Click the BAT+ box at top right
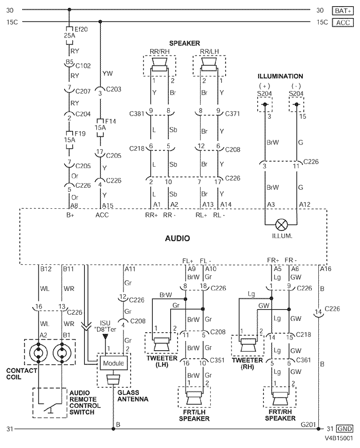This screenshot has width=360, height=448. point(343,11)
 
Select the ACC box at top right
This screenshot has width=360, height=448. point(343,23)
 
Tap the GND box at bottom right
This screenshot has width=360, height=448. point(345,428)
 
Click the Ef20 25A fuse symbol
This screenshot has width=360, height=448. point(69,35)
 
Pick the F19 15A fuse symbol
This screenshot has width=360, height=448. point(69,140)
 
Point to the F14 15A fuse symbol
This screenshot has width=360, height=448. point(100,128)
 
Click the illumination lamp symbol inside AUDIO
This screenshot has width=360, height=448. point(281,225)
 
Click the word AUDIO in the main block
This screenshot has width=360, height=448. point(177,238)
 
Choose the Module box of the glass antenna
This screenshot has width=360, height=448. point(114,363)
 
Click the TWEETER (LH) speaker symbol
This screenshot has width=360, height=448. point(162,344)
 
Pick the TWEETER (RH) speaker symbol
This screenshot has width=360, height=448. point(248,345)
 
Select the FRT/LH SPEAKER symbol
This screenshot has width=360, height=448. point(194,398)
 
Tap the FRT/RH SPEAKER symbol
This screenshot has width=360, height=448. point(280,398)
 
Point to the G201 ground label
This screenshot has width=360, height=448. point(308,424)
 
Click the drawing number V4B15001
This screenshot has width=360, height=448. point(339,438)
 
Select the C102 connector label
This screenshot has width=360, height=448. point(83,66)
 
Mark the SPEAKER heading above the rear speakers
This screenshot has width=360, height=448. point(185,43)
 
